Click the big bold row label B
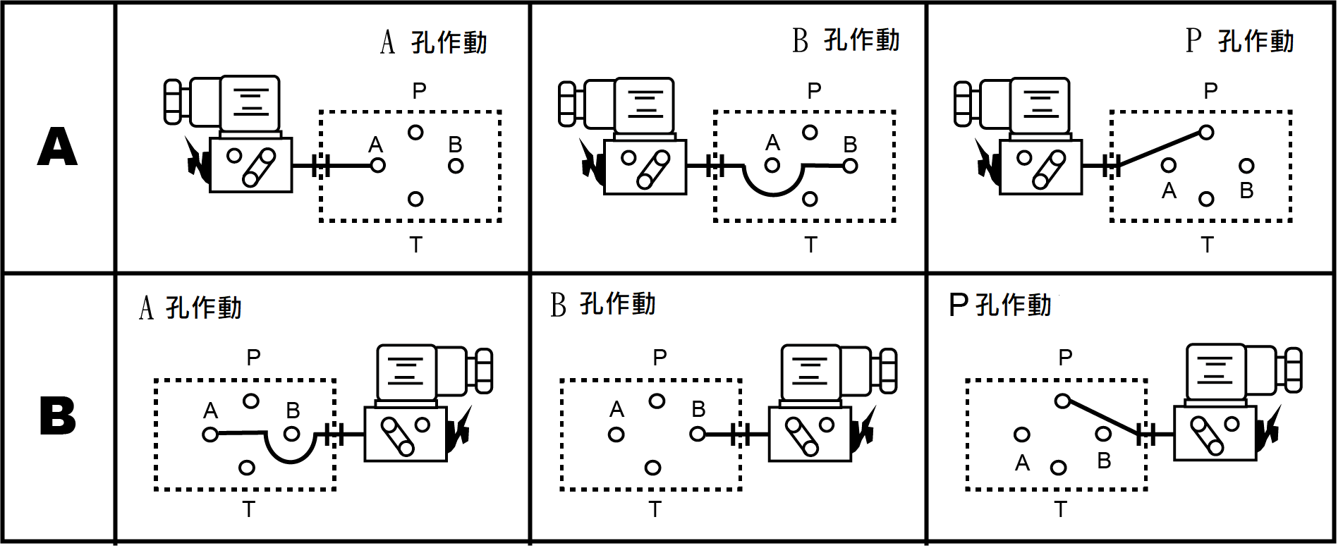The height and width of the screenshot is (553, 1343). pyautogui.click(x=57, y=415)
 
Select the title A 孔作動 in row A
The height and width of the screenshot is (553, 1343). pyautogui.click(x=434, y=42)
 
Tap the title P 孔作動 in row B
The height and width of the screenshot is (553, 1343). pyautogui.click(x=1000, y=305)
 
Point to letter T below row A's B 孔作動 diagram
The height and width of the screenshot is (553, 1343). pyautogui.click(x=810, y=245)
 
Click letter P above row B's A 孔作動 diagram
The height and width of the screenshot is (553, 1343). pyautogui.click(x=253, y=358)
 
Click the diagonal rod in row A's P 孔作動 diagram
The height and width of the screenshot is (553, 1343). pyautogui.click(x=1160, y=149)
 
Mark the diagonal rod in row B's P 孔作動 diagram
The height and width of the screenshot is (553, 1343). pyautogui.click(x=1103, y=418)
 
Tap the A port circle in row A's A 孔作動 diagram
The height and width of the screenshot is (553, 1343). pyautogui.click(x=378, y=166)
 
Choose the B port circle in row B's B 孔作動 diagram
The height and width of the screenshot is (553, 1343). pyautogui.click(x=698, y=434)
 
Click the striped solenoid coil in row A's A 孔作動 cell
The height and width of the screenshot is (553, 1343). pyautogui.click(x=250, y=102)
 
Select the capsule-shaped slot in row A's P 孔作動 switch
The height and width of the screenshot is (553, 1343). pyautogui.click(x=1049, y=170)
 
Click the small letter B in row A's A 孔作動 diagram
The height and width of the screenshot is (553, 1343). pyautogui.click(x=455, y=145)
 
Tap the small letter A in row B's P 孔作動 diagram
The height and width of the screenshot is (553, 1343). pyautogui.click(x=1022, y=463)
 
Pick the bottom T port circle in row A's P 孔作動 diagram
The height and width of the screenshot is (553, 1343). pyautogui.click(x=1206, y=199)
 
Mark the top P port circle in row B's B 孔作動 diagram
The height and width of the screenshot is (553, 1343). pyautogui.click(x=657, y=401)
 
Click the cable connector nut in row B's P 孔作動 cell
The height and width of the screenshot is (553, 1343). pyautogui.click(x=1292, y=370)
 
